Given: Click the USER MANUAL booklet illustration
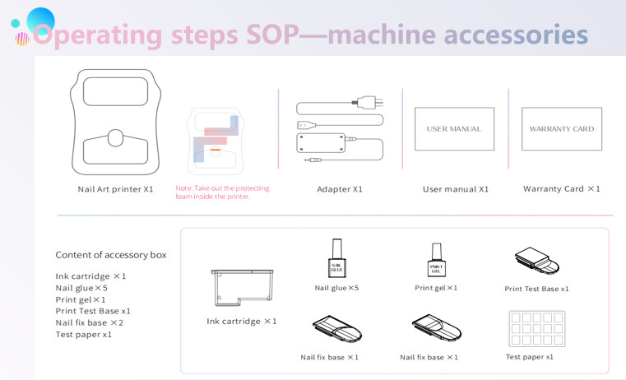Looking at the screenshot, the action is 454,129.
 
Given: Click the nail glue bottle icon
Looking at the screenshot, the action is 335,262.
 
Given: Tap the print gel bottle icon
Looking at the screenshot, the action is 436,262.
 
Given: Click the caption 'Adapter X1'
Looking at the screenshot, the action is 340,189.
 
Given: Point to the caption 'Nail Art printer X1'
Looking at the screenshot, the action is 115,189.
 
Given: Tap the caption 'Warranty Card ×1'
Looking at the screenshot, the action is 561,189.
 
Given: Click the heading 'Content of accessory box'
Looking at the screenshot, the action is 111,255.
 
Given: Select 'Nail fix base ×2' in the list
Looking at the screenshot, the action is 90,323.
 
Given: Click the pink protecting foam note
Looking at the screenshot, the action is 222,192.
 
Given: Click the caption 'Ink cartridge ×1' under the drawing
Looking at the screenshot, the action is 242,321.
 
